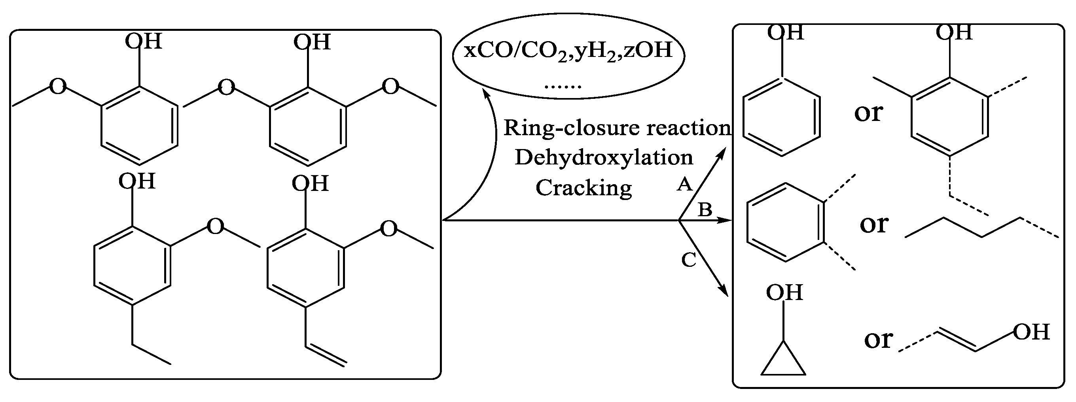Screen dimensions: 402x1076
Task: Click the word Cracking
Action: tap(583, 188)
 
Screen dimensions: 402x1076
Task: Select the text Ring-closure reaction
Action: tap(617, 128)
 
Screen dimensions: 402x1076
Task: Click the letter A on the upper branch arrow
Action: tap(684, 184)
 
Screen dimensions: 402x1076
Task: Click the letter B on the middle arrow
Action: tap(705, 209)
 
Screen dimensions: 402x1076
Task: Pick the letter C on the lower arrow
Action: tap(689, 260)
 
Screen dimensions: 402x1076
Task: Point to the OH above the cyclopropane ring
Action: tap(784, 293)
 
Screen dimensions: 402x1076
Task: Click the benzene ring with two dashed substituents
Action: tap(786, 222)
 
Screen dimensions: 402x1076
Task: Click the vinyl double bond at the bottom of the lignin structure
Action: tap(326, 355)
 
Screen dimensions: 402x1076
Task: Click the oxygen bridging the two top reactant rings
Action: tap(226, 88)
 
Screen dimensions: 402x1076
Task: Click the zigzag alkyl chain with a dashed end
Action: tap(981, 228)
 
